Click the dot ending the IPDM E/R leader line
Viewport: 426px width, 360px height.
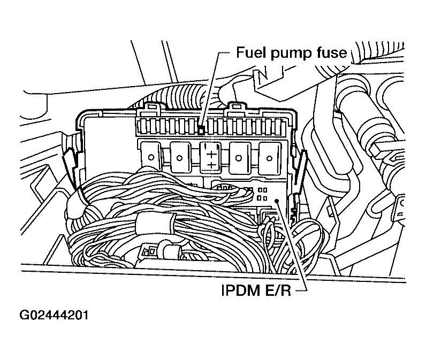tap(277, 200)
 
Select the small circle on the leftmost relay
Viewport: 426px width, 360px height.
tap(153, 157)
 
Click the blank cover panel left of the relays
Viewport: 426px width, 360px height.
tap(107, 144)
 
